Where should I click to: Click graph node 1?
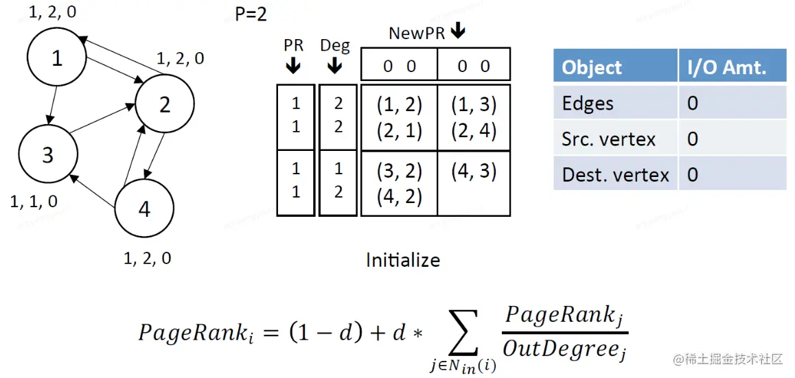[x=56, y=58]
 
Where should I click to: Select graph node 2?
[x=164, y=104]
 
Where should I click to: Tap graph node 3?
[x=47, y=155]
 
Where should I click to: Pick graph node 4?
[x=143, y=209]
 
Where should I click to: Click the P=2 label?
[x=251, y=14]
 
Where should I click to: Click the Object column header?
[x=592, y=67]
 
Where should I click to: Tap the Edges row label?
[x=588, y=104]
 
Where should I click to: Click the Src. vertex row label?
[x=608, y=139]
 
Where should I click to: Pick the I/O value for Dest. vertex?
[x=693, y=174]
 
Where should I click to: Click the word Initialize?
[x=403, y=260]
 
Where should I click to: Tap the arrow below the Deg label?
[x=334, y=65]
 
